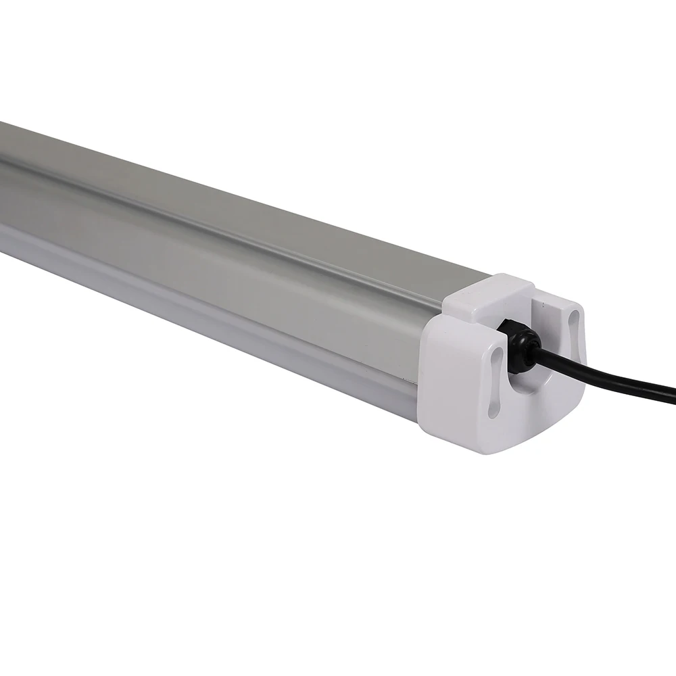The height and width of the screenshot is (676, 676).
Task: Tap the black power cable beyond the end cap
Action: [x=608, y=379]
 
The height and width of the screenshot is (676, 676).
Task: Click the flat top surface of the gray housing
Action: [x=203, y=169]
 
